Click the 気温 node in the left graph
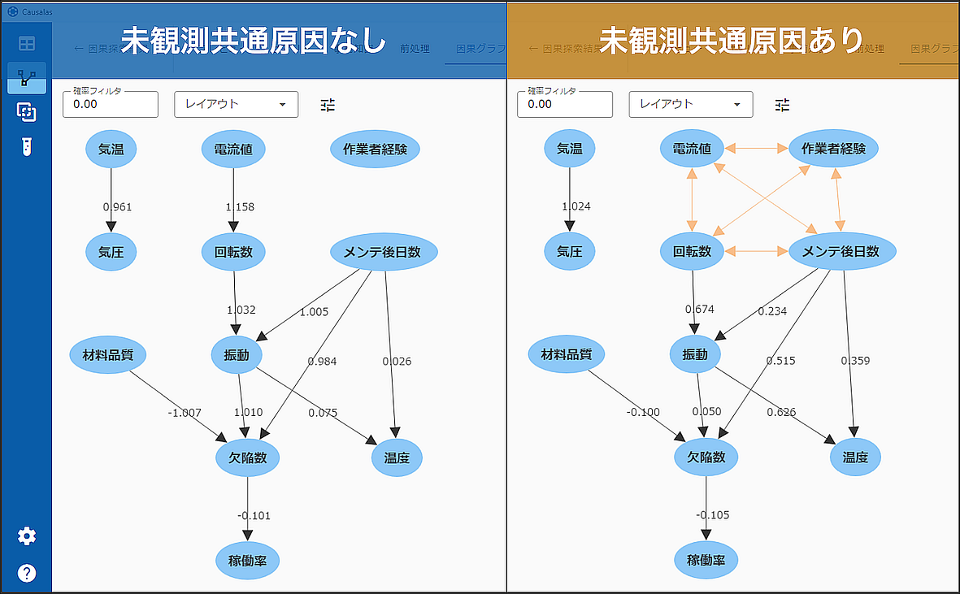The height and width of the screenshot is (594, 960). pos(111,149)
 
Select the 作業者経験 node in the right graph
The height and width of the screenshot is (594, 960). pos(833,149)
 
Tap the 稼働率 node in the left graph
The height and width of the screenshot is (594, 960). pos(247,559)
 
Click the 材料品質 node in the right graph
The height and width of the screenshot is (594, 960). pos(567,354)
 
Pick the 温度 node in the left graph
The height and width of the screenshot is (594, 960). pos(397,458)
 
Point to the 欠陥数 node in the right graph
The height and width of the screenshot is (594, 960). pos(706,457)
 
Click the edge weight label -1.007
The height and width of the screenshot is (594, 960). pos(184,413)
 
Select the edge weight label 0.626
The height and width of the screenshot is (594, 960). pos(781,412)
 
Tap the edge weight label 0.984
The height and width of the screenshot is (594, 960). pos(322,361)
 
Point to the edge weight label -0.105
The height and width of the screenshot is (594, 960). pos(712,514)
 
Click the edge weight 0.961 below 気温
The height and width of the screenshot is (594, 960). pos(117,206)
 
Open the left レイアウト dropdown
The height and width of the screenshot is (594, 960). pos(236,104)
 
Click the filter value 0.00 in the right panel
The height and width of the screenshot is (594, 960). pos(541,104)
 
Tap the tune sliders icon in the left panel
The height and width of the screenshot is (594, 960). pos(328,104)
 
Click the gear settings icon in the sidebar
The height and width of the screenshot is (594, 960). pos(27,535)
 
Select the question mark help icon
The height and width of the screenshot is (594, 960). pos(27,572)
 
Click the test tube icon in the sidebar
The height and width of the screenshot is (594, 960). pos(27,146)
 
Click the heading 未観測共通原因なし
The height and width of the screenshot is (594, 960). pos(254,41)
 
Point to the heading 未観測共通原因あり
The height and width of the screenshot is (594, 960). pos(732,41)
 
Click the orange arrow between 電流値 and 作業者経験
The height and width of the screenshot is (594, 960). pos(755,149)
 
